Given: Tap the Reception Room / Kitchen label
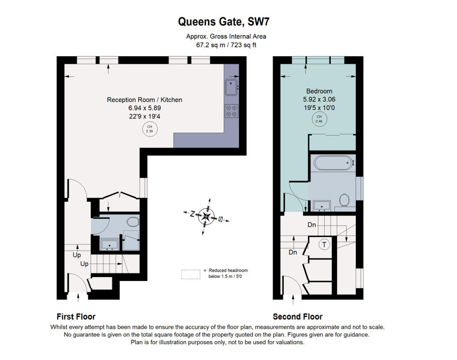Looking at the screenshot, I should [145, 100].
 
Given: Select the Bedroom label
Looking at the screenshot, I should [319, 91].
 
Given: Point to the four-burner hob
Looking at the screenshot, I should [231, 110].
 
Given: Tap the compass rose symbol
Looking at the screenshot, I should [206, 217].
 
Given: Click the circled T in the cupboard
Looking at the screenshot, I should [324, 244].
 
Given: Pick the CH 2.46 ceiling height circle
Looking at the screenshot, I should [319, 119].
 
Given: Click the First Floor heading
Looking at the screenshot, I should [76, 317].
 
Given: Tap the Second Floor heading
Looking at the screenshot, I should [298, 317].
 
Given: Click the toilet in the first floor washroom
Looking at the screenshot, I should [133, 222].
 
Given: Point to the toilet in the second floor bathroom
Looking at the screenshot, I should [344, 200].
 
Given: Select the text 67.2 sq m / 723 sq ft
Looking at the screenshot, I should [228, 45].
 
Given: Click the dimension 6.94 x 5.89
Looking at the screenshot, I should [145, 108].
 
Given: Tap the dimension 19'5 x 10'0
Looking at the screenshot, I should [319, 108].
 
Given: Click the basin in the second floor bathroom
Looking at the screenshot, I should [321, 205].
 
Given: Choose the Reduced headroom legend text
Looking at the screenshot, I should [228, 273].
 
